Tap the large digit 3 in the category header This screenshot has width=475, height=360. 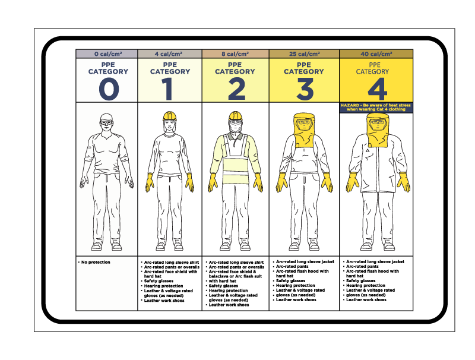tap(305, 89)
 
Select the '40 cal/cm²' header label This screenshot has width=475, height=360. tap(376, 54)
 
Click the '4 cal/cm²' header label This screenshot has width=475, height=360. tap(170, 54)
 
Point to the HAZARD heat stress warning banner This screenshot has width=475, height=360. tap(376, 107)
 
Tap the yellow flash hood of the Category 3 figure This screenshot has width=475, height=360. tap(305, 128)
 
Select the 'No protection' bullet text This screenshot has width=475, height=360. tap(95, 262)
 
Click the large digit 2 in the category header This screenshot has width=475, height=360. tap(236, 89)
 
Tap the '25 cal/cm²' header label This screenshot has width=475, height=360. tap(305, 54)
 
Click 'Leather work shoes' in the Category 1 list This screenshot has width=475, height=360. tap(163, 301)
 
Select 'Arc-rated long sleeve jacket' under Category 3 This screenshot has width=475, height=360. tap(304, 261)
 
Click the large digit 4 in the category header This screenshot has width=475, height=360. tap(376, 89)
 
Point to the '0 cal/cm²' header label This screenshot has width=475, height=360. tap(107, 54)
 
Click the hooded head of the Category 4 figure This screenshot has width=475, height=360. tap(376, 126)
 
